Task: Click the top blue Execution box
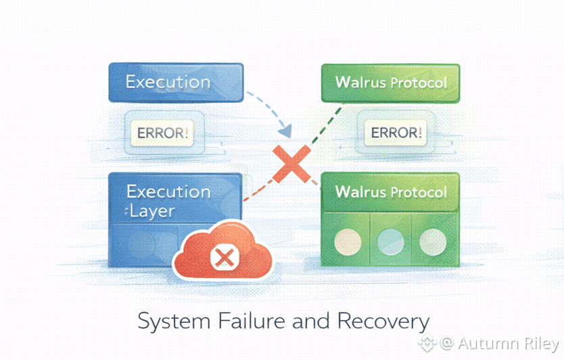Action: [175, 83]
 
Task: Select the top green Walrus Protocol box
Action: [390, 83]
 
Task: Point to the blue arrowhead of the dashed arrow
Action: [286, 128]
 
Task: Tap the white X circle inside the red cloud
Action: [222, 257]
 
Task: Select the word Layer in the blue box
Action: [152, 211]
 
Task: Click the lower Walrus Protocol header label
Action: [391, 192]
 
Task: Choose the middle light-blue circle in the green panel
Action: [390, 241]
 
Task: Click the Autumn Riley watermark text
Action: [507, 344]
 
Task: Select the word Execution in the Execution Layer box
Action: [168, 192]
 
